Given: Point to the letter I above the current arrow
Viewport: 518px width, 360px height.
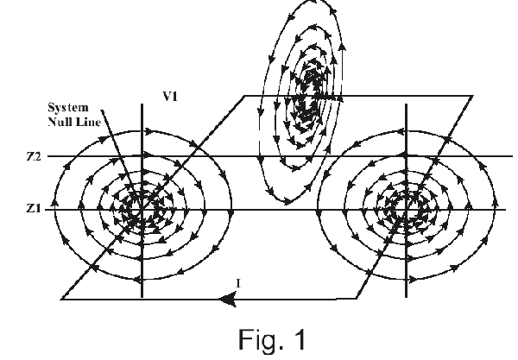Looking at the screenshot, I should (x=239, y=283).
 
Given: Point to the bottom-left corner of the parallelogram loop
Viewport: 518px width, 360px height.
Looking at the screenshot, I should (x=62, y=299).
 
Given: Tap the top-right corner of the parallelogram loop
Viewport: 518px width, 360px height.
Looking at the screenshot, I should (x=474, y=95).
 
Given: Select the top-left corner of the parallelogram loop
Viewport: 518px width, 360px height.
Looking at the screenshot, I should (x=246, y=95).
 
